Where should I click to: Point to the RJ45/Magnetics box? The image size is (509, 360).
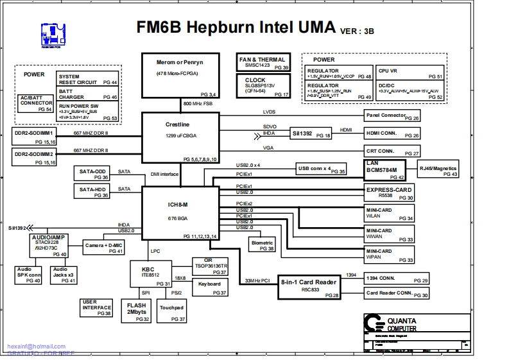coord(438,171)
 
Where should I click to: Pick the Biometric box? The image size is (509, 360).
coord(263,244)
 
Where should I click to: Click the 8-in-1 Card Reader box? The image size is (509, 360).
coord(309,286)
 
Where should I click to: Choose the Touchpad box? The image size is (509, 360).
coord(171,311)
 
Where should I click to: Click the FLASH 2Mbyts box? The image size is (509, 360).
coord(136,311)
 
